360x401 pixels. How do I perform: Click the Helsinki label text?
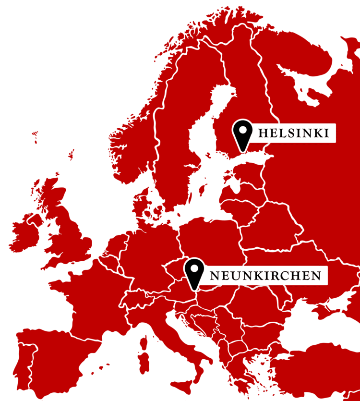293,133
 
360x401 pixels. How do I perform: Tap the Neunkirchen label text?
265,276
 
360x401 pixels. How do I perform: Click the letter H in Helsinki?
262,133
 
